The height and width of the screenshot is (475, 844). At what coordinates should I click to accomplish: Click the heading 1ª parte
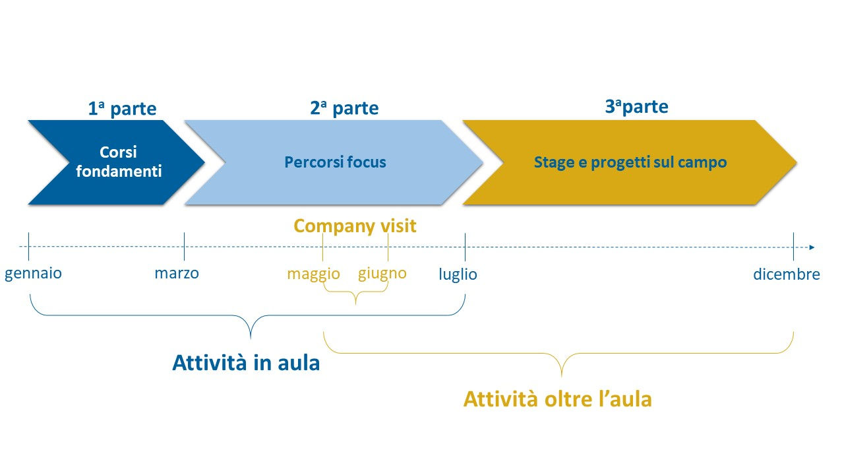(122, 109)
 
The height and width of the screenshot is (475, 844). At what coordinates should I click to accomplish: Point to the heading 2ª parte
(344, 108)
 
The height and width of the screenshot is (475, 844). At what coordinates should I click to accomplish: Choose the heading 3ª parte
(637, 107)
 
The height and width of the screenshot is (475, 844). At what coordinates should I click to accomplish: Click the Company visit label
(355, 226)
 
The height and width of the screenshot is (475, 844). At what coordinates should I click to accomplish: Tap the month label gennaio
(33, 273)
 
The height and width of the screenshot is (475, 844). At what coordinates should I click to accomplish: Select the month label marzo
(177, 273)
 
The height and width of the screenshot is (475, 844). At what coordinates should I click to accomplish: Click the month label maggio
(313, 274)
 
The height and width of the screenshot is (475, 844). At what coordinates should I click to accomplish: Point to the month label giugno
(382, 273)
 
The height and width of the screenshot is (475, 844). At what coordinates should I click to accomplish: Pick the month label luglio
(458, 274)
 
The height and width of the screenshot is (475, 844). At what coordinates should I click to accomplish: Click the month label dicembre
(787, 274)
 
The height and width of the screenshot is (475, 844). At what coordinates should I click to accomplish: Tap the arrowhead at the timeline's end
(812, 247)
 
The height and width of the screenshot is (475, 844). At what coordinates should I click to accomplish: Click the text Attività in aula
(246, 363)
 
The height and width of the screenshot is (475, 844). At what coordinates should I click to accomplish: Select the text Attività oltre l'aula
(558, 399)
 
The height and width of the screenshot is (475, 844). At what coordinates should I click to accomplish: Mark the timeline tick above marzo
(184, 246)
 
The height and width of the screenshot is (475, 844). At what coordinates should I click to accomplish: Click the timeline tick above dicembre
(793, 247)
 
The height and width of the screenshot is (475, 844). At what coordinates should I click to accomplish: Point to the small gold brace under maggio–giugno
(355, 292)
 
